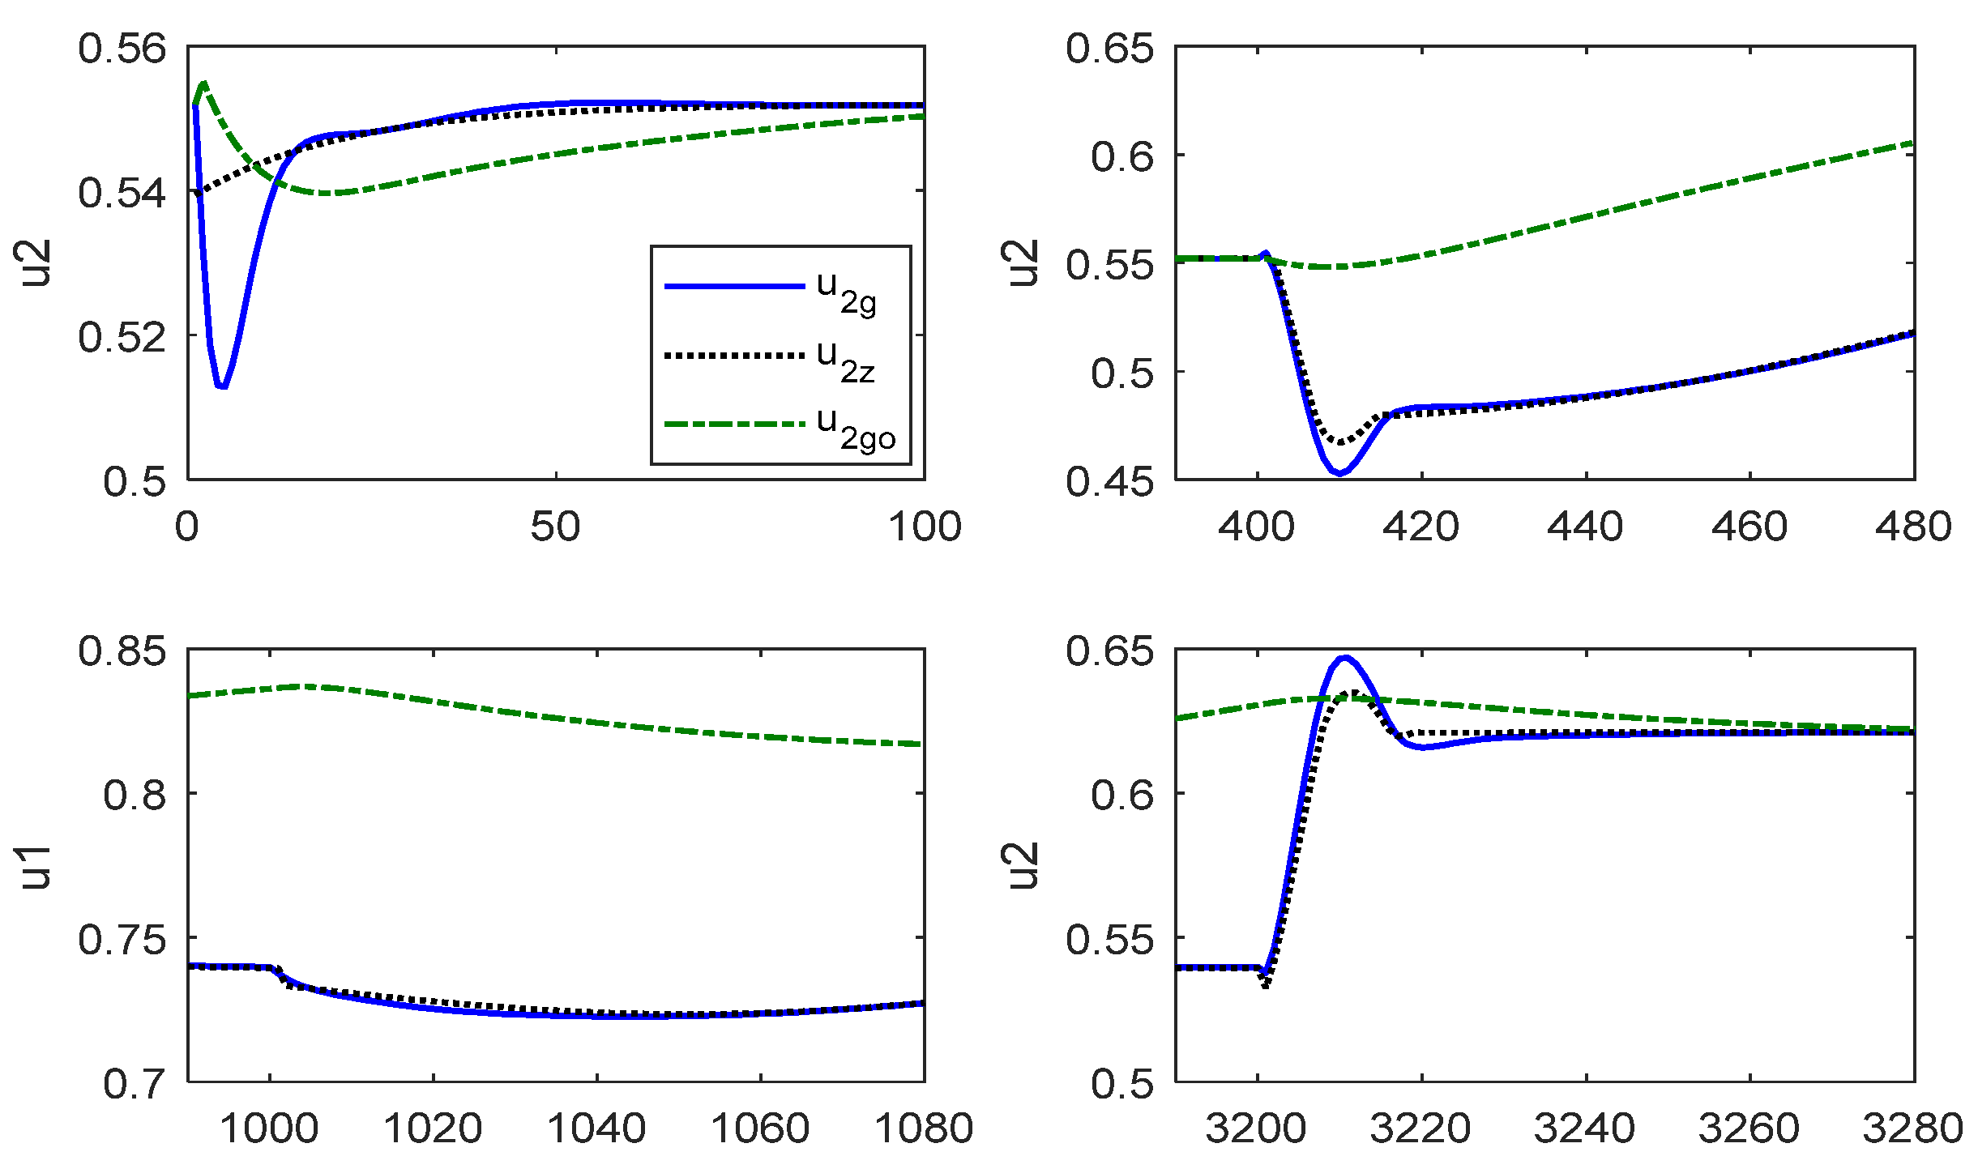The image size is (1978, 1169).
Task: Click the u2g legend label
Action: pyautogui.click(x=846, y=291)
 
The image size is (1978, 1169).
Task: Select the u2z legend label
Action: pyautogui.click(x=846, y=360)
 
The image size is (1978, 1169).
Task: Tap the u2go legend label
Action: pyautogui.click(x=856, y=427)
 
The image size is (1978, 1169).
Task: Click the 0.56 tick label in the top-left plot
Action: pyautogui.click(x=122, y=49)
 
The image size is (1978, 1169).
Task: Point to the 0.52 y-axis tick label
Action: pyautogui.click(x=122, y=337)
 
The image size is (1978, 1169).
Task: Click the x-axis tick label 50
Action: pyautogui.click(x=556, y=527)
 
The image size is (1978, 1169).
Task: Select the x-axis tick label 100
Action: pyautogui.click(x=925, y=527)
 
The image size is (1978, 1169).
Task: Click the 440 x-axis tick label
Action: pyautogui.click(x=1585, y=527)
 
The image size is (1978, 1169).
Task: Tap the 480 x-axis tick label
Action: pyautogui.click(x=1913, y=527)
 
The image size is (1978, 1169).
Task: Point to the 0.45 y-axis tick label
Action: pyautogui.click(x=1109, y=482)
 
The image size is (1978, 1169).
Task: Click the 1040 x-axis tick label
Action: pyautogui.click(x=597, y=1129)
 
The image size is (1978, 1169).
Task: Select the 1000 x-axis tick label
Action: pyautogui.click(x=269, y=1129)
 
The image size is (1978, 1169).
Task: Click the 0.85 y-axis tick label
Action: pyautogui.click(x=122, y=651)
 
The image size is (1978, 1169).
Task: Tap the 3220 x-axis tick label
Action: pyautogui.click(x=1420, y=1129)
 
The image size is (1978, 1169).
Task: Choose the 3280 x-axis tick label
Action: pyautogui.click(x=1913, y=1129)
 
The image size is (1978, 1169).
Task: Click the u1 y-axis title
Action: pyautogui.click(x=36, y=866)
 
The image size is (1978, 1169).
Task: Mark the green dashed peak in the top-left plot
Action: pyautogui.click(x=204, y=83)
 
